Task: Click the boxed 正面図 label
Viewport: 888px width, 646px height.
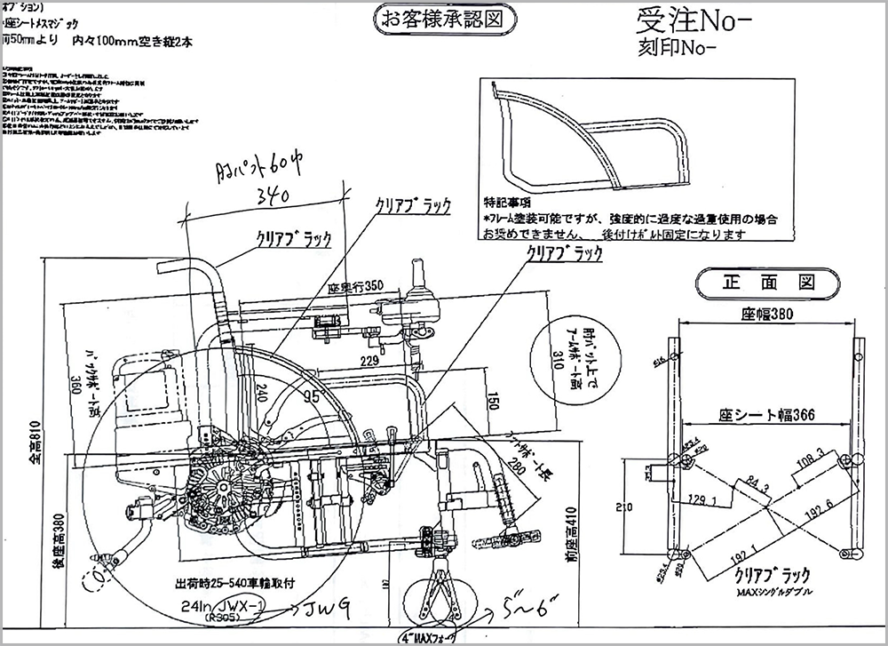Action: [766, 283]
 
